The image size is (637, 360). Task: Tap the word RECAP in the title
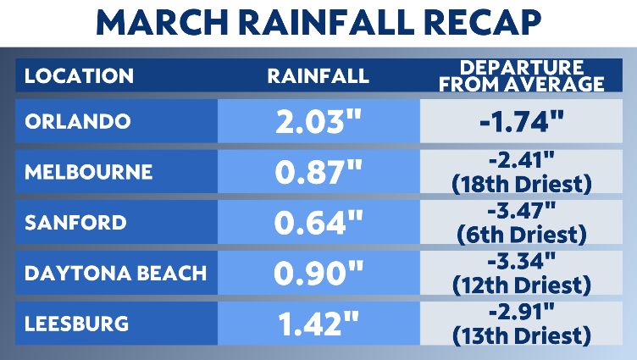479,24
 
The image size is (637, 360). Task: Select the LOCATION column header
79,75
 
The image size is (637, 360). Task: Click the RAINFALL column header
318,75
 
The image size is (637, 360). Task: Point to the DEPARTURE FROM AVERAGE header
521,75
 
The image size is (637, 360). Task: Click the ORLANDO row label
78,121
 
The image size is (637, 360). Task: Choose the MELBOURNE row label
89,172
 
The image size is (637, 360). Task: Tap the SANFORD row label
75,223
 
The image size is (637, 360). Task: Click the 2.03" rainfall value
318,122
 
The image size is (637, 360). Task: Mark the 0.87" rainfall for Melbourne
318,173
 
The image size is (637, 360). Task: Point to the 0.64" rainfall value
318,224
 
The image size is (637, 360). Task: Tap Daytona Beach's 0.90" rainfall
318,274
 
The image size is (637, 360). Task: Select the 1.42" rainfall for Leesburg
318,325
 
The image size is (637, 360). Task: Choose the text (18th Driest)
521,184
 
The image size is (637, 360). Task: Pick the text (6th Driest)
521,235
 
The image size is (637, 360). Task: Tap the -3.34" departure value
521,262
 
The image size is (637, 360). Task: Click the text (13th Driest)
521,336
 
